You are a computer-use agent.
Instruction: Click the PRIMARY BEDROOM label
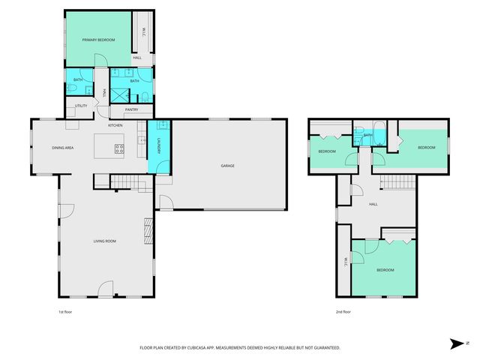click(x=98, y=39)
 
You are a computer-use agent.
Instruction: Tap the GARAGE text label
click(x=228, y=166)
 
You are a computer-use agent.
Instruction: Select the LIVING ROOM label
click(x=104, y=241)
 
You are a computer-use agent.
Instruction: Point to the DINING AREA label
click(x=62, y=148)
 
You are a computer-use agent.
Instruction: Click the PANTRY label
click(x=132, y=110)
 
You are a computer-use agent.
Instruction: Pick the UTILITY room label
click(x=81, y=106)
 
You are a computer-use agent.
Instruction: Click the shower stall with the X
click(x=121, y=94)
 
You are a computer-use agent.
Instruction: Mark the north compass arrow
click(x=455, y=343)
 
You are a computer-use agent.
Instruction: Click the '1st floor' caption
click(x=66, y=311)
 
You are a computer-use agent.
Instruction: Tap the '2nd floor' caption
click(x=343, y=311)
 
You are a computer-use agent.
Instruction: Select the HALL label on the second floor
click(x=373, y=203)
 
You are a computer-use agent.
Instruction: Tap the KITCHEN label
click(x=115, y=125)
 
